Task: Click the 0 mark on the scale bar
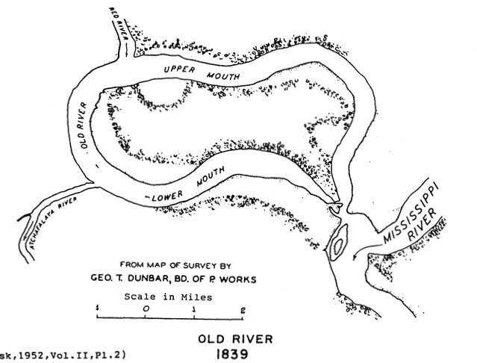(146, 308)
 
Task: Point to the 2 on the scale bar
(242, 308)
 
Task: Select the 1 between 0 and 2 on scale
(194, 308)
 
